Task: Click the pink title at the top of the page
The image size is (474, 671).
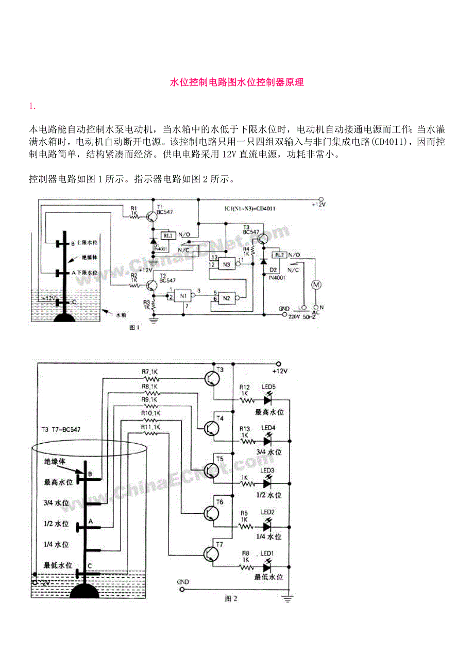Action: coord(237,82)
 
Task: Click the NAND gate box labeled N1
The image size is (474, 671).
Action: coord(181,296)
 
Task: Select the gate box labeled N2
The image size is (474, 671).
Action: coord(226,298)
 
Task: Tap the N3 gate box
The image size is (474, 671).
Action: coord(226,265)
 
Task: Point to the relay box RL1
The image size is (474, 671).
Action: coord(168,236)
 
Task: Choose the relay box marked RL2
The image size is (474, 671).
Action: coord(279,255)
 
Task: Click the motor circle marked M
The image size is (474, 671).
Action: coord(314,284)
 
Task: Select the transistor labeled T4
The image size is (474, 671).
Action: coord(211,428)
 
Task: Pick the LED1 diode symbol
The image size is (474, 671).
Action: coord(267,567)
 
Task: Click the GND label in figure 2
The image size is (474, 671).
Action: coord(183,582)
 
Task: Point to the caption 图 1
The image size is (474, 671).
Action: coord(134,329)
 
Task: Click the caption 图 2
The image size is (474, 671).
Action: coord(231,598)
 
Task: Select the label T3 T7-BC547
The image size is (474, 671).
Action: coord(61,429)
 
